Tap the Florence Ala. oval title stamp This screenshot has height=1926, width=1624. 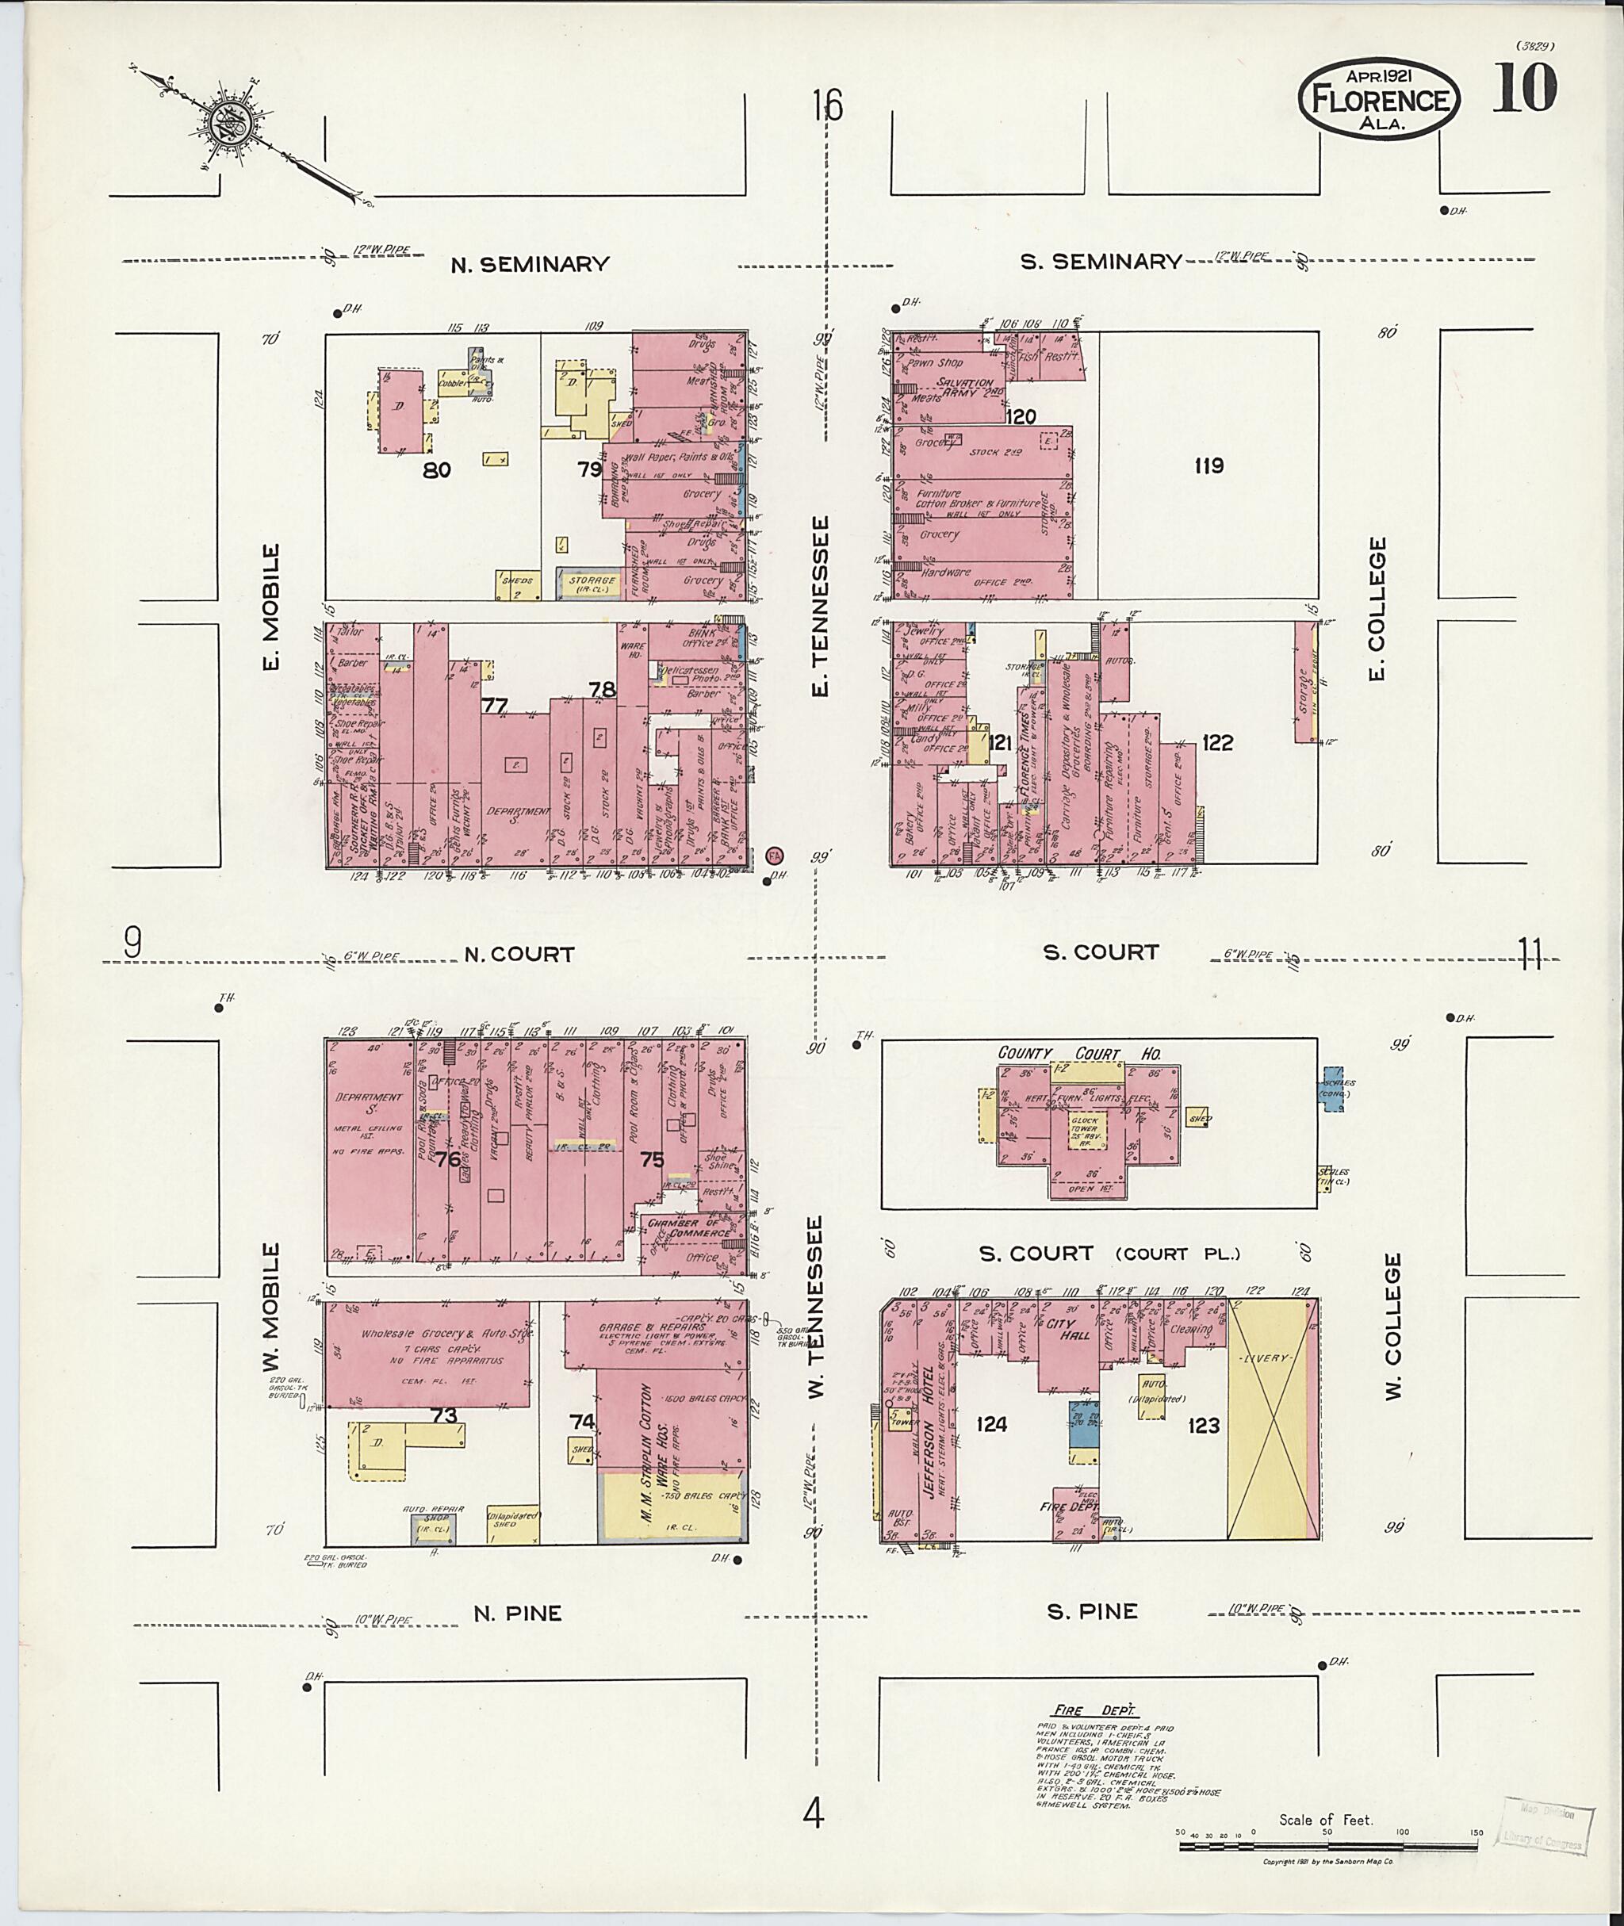(1378, 99)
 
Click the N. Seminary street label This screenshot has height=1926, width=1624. (530, 265)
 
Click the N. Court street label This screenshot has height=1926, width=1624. (519, 955)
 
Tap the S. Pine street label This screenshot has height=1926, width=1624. (1092, 1611)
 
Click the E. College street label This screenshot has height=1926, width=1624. (1377, 610)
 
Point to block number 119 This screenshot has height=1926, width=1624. (1208, 466)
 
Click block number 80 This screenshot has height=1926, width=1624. (436, 470)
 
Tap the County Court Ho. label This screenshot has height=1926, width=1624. (1079, 1054)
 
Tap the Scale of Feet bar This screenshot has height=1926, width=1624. (1327, 1844)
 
